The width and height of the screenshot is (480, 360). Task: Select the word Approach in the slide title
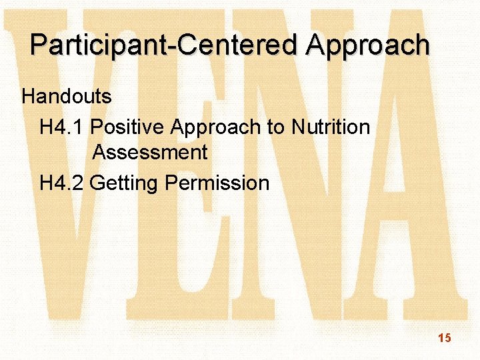click(x=368, y=45)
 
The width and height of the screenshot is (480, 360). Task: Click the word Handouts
click(x=67, y=97)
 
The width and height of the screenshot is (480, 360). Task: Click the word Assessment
click(x=150, y=153)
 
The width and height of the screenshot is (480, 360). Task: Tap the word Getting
click(x=124, y=182)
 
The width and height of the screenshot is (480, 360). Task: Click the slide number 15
click(x=445, y=339)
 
